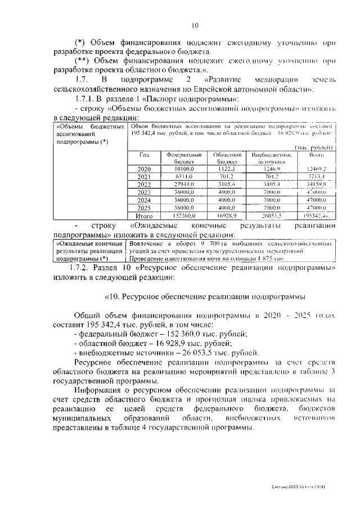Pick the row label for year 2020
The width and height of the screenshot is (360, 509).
[x=144, y=169]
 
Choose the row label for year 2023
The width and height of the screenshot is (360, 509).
[x=144, y=192]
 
